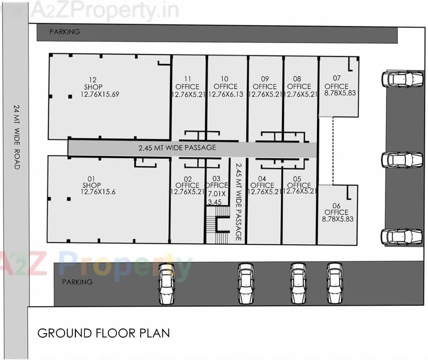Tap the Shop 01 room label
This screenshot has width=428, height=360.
pyautogui.click(x=92, y=185)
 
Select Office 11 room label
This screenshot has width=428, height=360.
pyautogui.click(x=187, y=86)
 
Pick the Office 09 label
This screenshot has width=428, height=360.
pyautogui.click(x=265, y=86)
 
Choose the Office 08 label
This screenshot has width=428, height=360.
pyautogui.click(x=299, y=86)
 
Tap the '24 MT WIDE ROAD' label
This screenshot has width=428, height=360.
pyautogui.click(x=17, y=137)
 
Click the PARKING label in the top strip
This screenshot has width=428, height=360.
pyautogui.click(x=65, y=32)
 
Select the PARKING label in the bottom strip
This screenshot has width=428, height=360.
pyautogui.click(x=77, y=282)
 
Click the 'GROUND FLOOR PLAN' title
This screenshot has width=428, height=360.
pyautogui.click(x=104, y=333)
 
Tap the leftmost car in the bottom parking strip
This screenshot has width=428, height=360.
pyautogui.click(x=166, y=284)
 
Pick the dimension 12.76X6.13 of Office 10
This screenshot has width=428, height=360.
pyautogui.click(x=227, y=94)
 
